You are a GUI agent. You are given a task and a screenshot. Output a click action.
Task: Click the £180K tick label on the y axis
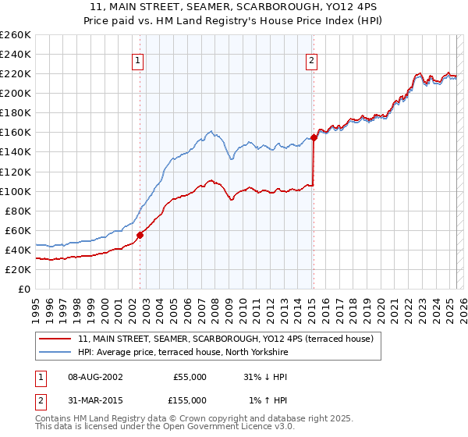(x=16, y=112)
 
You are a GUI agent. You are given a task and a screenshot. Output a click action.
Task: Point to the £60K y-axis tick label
(x=18, y=230)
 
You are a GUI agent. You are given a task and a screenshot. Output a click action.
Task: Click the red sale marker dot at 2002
(x=140, y=235)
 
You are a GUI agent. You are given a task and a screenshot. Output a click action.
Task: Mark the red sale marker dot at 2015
(x=314, y=137)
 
